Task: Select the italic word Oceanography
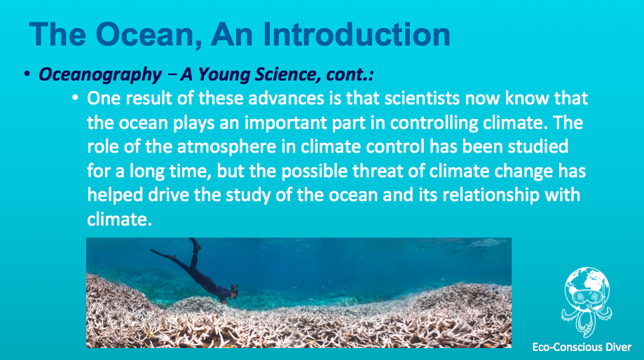tap(100, 75)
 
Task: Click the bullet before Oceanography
tap(27, 74)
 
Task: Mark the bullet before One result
tap(75, 99)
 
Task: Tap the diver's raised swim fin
tap(195, 244)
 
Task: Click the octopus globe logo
tap(587, 303)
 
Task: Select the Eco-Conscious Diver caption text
tap(582, 347)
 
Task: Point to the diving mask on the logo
tap(587, 296)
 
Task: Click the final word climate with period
tap(120, 219)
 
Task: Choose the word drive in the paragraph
tap(168, 195)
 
